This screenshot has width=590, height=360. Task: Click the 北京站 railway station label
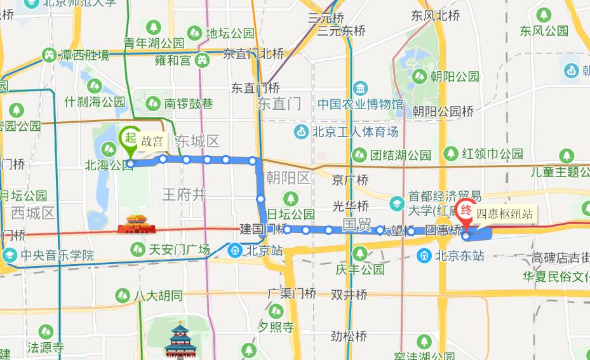(261, 250)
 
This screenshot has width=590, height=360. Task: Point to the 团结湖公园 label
(392, 154)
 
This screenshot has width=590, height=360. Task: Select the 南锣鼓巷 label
(180, 103)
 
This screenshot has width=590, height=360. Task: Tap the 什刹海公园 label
(95, 102)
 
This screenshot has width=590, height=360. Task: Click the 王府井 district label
(184, 194)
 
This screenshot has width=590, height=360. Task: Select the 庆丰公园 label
(360, 269)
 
